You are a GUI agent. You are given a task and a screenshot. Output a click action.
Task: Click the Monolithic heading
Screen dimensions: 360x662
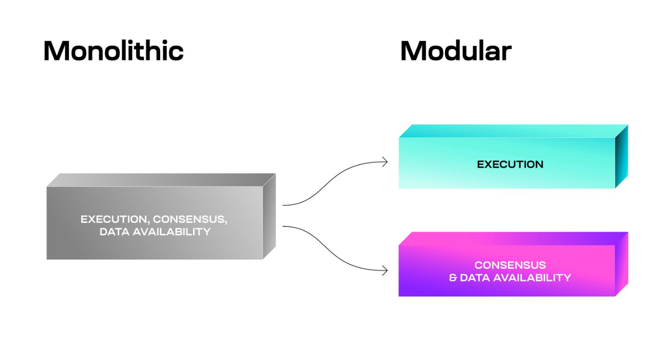coord(113,51)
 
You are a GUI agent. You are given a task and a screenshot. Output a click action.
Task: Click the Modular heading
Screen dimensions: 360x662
coord(455,51)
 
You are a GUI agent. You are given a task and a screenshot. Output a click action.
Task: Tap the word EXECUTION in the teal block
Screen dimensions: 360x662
coord(510,164)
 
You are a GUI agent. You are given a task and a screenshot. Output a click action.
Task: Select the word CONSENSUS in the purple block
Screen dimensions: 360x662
coord(510,265)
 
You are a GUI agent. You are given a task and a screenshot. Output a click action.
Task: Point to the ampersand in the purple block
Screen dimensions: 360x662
coord(453,278)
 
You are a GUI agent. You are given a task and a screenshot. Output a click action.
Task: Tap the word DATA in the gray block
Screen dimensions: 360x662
coord(113,231)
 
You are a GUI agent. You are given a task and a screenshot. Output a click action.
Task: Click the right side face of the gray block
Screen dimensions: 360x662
coord(269,216)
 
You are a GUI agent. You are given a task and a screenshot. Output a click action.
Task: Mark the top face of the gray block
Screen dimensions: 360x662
coord(161,180)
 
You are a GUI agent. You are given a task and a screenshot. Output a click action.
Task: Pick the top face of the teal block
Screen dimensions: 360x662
coord(513,131)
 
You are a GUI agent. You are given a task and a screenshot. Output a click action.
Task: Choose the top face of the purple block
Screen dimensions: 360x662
coord(513,238)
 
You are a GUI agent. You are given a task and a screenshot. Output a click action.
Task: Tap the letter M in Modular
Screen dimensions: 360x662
coord(412,51)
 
